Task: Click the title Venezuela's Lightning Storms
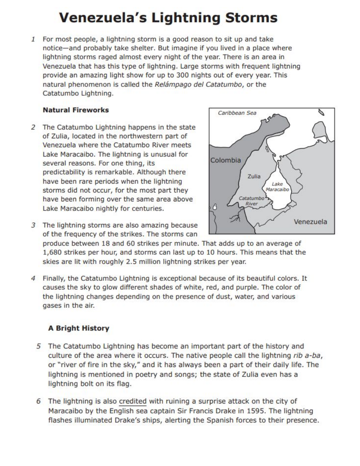(x=168, y=18)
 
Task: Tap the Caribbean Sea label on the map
(x=237, y=113)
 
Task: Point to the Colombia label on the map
(x=225, y=160)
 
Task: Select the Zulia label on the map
(x=254, y=176)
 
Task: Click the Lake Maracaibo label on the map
(x=277, y=187)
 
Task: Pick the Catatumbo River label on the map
(x=252, y=201)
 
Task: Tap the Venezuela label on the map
(x=310, y=222)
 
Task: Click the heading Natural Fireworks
(x=76, y=110)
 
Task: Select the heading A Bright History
(x=79, y=328)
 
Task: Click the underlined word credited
(x=133, y=401)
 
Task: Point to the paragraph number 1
(x=33, y=39)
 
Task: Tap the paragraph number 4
(x=33, y=278)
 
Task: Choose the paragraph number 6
(x=39, y=401)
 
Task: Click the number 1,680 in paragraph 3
(x=53, y=253)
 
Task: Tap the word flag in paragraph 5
(x=124, y=384)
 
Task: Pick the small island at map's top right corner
(x=321, y=112)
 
